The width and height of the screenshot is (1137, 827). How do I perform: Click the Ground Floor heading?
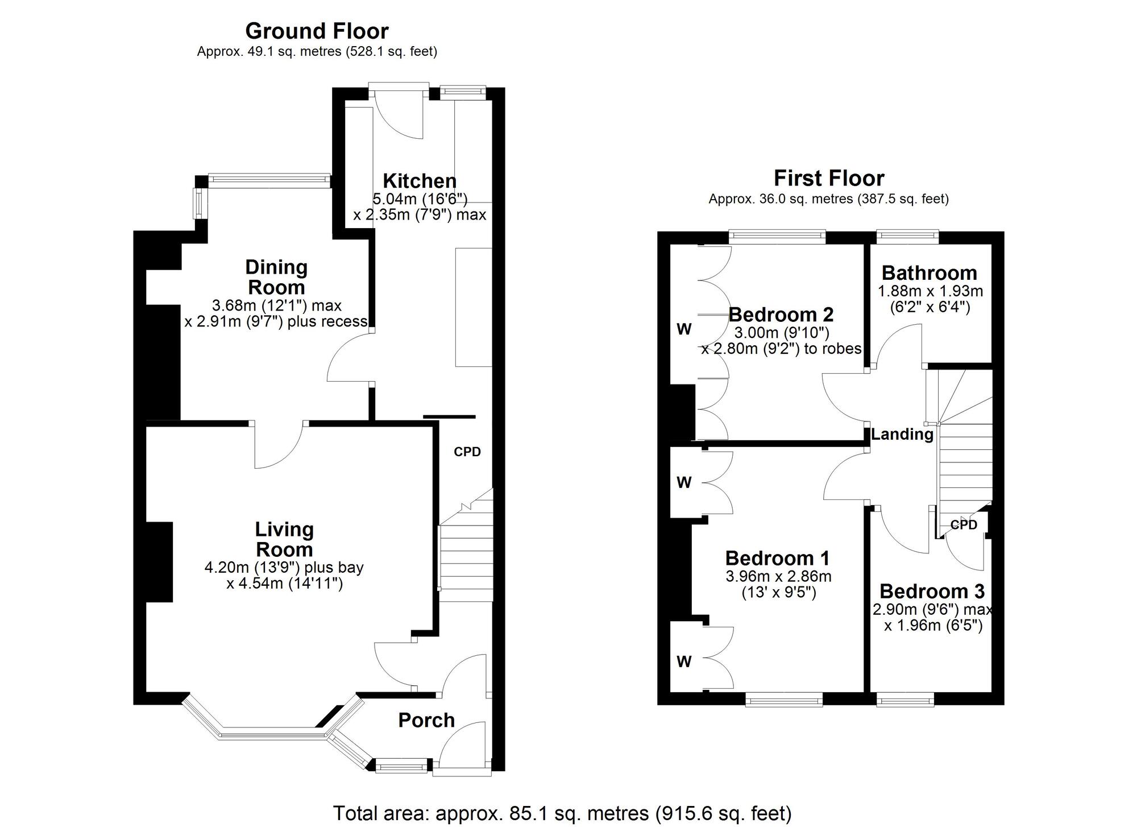(x=317, y=30)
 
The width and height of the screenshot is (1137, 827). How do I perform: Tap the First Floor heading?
(x=829, y=179)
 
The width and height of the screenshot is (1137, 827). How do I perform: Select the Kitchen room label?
(x=420, y=181)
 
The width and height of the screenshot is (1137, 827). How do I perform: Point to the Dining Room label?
(x=276, y=277)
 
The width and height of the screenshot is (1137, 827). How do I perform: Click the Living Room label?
(x=284, y=539)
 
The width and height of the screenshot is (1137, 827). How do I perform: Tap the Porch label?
(x=426, y=720)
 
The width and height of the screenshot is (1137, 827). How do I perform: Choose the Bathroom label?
(x=929, y=273)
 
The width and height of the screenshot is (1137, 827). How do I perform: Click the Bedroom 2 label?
(x=781, y=315)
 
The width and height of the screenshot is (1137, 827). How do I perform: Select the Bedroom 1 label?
(x=778, y=558)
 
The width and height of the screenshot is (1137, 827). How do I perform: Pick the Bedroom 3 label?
(x=932, y=592)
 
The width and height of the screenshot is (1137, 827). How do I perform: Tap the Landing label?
(x=902, y=435)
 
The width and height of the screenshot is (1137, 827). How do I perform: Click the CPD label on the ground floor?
(x=467, y=452)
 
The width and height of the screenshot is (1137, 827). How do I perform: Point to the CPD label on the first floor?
(x=964, y=524)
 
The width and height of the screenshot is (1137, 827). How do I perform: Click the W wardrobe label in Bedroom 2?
(x=684, y=329)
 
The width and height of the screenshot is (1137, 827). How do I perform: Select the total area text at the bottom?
(x=562, y=813)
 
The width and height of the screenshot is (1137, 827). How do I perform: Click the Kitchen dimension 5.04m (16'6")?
(x=420, y=199)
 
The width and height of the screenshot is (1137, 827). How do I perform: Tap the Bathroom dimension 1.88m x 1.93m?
(x=931, y=291)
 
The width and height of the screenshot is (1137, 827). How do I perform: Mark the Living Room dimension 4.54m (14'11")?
(x=284, y=584)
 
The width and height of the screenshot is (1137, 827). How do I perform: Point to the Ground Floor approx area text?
(x=317, y=52)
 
